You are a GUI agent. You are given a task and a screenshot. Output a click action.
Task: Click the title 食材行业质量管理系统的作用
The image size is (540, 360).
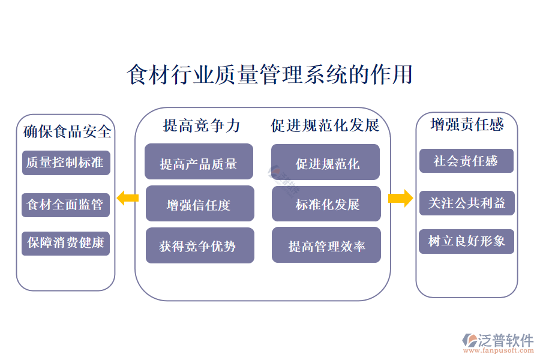(x=270, y=75)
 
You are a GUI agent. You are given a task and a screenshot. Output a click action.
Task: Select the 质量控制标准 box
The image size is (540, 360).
(x=66, y=163)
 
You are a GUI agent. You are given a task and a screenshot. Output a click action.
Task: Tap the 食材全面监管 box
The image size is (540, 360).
(x=66, y=205)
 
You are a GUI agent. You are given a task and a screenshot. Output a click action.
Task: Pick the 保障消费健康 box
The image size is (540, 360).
(x=66, y=243)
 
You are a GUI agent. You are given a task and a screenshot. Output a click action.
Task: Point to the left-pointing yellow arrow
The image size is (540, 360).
(x=127, y=197)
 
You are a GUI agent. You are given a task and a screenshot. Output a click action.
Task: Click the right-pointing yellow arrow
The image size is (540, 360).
(x=400, y=197)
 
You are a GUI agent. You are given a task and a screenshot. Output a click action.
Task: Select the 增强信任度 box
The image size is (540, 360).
(x=199, y=204)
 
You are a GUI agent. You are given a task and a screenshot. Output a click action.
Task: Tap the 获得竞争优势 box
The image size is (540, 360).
(x=199, y=245)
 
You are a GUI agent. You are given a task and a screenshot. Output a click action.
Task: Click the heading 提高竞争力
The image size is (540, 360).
(x=202, y=125)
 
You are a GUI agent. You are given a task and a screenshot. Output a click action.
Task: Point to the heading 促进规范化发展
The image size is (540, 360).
(x=325, y=125)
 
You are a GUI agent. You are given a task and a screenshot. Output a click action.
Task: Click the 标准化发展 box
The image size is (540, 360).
(x=326, y=204)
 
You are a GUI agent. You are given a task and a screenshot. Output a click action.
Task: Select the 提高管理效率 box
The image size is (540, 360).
(x=326, y=245)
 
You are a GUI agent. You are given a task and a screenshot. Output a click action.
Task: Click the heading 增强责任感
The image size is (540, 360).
(x=467, y=124)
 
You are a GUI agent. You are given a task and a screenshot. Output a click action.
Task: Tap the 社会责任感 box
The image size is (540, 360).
(x=466, y=161)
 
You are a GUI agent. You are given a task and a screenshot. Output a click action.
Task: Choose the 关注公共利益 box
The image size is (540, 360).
(x=466, y=203)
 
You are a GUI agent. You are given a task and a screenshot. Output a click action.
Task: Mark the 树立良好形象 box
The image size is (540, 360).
(x=466, y=241)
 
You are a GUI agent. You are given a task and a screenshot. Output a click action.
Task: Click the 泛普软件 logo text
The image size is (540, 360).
(x=505, y=340)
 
